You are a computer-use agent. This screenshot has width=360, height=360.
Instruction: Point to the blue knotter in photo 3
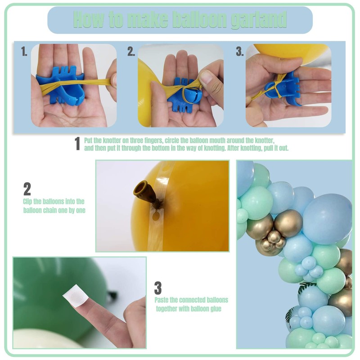click(x=285, y=90)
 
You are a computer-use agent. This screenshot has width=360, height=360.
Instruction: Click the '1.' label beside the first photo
click(x=24, y=51)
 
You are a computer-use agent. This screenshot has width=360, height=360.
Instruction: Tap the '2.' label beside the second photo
click(x=131, y=51)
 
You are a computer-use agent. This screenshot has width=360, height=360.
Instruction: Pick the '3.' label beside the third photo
click(x=240, y=51)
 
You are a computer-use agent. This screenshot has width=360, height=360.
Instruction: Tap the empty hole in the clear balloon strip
click(x=157, y=216)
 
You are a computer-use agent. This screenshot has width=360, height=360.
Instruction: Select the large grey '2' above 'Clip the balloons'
click(x=27, y=189)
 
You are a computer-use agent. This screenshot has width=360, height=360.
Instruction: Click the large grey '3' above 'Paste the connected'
click(x=158, y=288)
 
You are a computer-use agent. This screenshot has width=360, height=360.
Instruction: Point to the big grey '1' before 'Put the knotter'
click(x=77, y=144)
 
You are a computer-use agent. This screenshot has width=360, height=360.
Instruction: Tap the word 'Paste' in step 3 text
click(x=162, y=300)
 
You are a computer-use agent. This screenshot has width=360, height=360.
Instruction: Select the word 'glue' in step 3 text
click(x=216, y=309)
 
